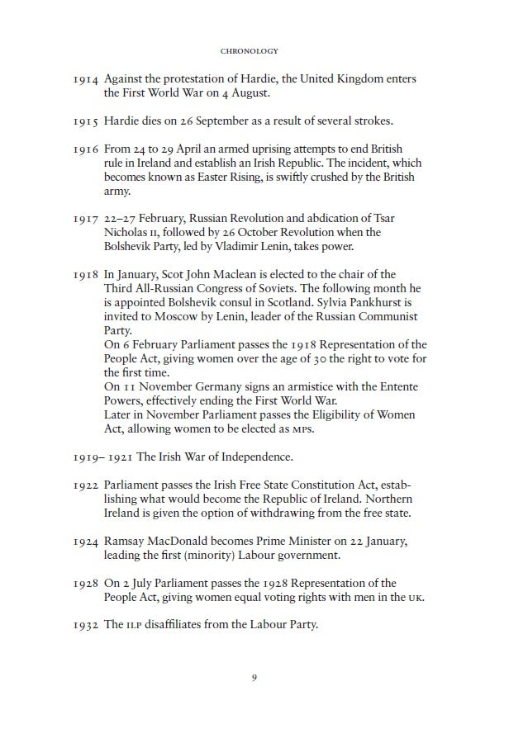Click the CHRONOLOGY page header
(x=254, y=51)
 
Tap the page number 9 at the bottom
(x=254, y=679)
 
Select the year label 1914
(x=85, y=79)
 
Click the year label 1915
(x=85, y=121)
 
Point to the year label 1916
(x=85, y=149)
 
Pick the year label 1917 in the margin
(x=85, y=219)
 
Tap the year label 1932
(x=85, y=625)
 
